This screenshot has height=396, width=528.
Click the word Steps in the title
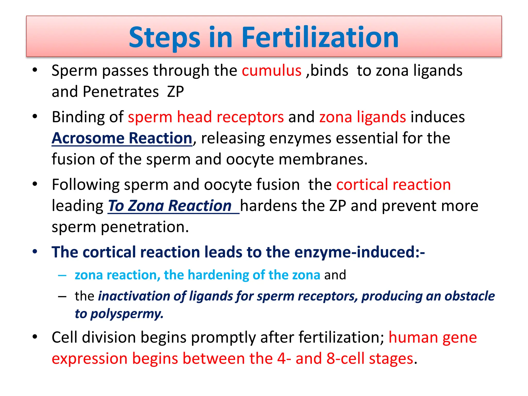164,38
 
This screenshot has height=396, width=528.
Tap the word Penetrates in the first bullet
121,92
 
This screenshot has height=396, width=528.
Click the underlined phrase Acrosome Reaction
122,138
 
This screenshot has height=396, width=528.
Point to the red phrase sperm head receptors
206,117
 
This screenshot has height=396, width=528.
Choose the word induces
438,117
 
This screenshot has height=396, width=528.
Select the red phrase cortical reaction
393,185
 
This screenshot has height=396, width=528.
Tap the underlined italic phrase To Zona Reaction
170,206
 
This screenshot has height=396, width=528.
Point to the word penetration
145,227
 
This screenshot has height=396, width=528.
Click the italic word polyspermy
127,314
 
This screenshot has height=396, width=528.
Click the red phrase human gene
433,337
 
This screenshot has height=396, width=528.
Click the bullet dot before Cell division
35,337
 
